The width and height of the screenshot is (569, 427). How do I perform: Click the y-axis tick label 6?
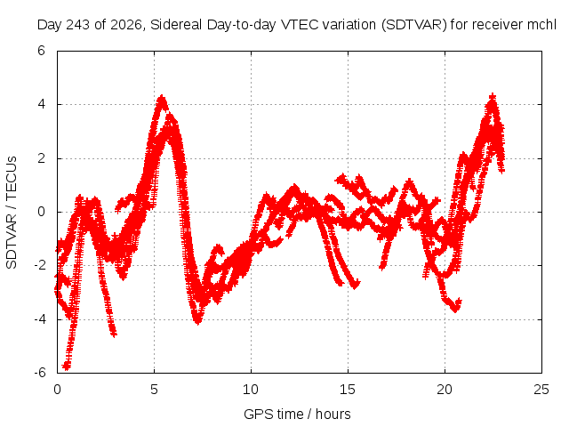pyautogui.click(x=41, y=51)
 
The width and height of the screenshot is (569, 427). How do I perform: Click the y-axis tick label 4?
pyautogui.click(x=41, y=105)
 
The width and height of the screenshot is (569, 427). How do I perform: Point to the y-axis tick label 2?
pyautogui.click(x=41, y=158)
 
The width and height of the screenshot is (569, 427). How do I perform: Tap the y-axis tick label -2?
pyautogui.click(x=39, y=265)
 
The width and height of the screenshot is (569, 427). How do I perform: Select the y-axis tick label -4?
pyautogui.click(x=39, y=319)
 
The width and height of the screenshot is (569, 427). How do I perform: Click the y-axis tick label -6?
pyautogui.click(x=39, y=373)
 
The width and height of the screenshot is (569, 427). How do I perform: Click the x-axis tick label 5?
pyautogui.click(x=154, y=390)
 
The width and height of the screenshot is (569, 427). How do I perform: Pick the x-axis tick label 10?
pyautogui.click(x=251, y=390)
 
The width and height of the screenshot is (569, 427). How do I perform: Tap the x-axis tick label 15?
pyautogui.click(x=348, y=390)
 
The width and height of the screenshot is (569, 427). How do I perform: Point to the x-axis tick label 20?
pyautogui.click(x=445, y=390)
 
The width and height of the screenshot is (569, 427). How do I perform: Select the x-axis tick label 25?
pyautogui.click(x=541, y=390)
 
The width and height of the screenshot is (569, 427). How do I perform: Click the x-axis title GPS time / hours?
pyautogui.click(x=297, y=414)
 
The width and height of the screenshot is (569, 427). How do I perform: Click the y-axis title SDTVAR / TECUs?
pyautogui.click(x=12, y=213)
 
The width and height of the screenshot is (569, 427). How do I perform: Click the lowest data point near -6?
pyautogui.click(x=67, y=366)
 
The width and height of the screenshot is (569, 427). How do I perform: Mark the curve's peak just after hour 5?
pyautogui.click(x=162, y=99)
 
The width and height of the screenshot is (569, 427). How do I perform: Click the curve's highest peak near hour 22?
pyautogui.click(x=493, y=97)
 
